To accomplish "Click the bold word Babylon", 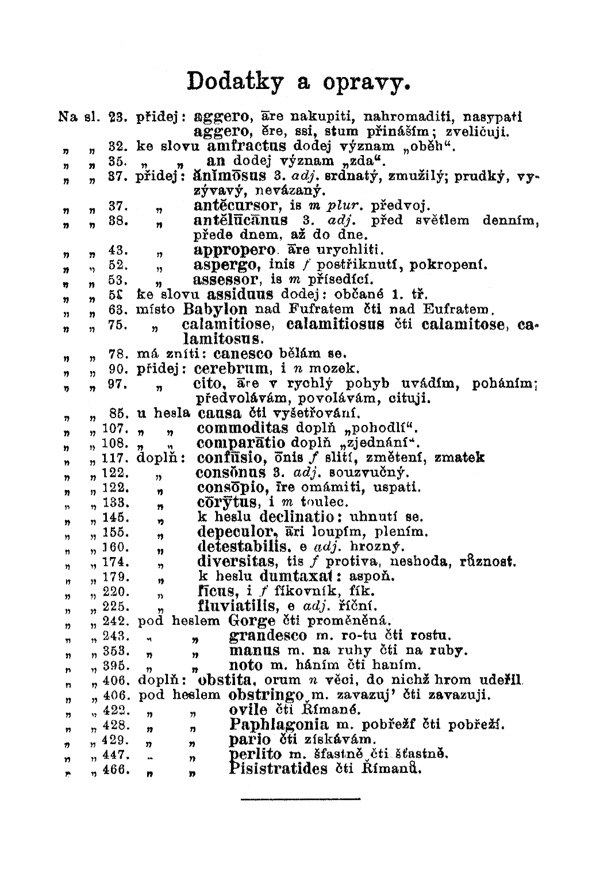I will [x=219, y=309].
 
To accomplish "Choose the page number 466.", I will [x=114, y=769].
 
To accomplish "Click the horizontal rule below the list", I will [x=300, y=798].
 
